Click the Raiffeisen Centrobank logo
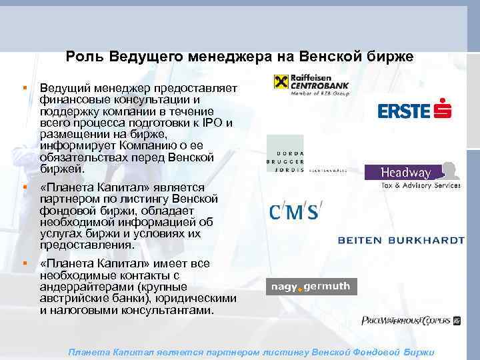[311, 85]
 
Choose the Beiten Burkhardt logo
[401, 240]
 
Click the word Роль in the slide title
[85, 57]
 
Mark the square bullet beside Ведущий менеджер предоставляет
[25, 87]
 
